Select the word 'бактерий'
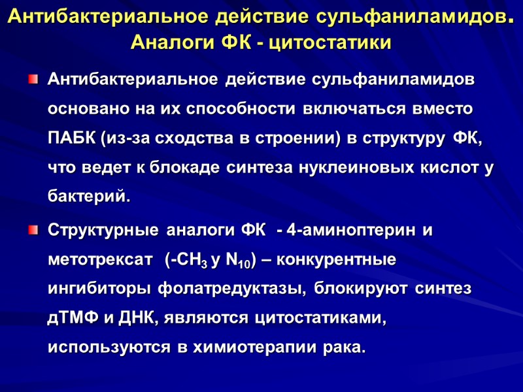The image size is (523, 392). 88,197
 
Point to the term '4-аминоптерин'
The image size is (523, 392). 350,231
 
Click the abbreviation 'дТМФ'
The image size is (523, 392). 73,319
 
